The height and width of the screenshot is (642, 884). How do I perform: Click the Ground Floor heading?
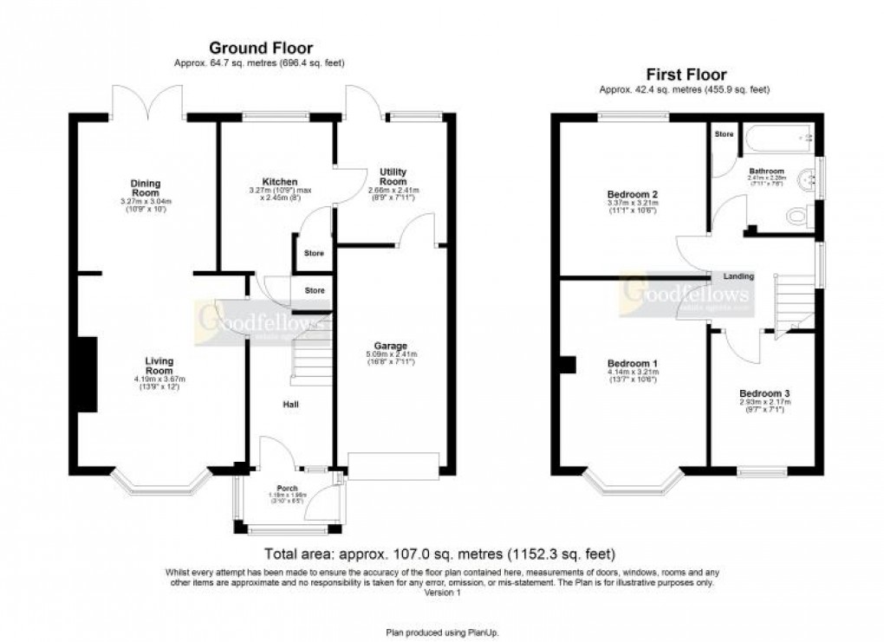261,49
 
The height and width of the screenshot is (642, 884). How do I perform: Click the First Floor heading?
686,75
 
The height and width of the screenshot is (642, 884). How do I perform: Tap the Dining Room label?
146,188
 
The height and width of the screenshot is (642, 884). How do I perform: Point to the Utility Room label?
393,177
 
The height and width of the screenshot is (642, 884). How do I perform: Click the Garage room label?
393,346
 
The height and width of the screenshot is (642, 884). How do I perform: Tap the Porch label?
287,489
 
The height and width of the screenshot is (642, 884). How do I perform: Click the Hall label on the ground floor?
290,404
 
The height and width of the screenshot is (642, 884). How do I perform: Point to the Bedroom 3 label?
764,392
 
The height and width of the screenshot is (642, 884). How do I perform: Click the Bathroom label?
767,172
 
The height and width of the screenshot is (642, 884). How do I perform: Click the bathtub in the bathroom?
777,136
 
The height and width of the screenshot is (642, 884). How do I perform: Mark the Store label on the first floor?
723,134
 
